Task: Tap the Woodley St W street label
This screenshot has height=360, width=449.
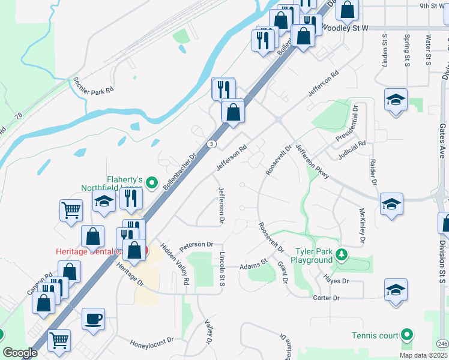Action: point(345,28)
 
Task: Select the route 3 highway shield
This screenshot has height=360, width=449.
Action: point(212,144)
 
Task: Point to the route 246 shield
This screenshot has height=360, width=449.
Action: point(442,343)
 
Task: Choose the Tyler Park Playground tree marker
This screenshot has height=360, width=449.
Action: point(342,254)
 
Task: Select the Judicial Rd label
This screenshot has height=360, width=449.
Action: point(351,148)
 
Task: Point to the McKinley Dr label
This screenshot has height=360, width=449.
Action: point(362,226)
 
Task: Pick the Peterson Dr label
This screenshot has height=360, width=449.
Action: point(196,245)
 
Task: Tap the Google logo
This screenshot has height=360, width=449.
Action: point(20,353)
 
